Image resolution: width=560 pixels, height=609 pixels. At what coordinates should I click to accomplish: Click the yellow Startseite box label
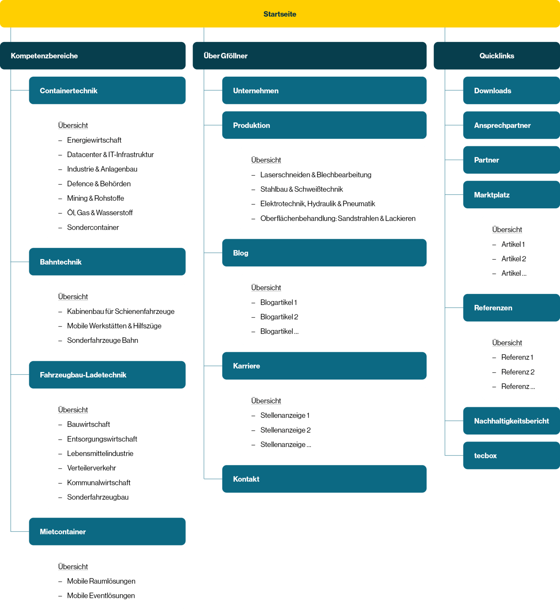(x=280, y=14)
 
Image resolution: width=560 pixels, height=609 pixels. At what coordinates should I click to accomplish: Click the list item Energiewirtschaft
(x=94, y=140)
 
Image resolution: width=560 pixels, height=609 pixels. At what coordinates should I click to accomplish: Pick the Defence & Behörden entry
(x=99, y=184)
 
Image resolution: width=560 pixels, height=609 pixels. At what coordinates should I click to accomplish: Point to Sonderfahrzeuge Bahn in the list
(x=102, y=340)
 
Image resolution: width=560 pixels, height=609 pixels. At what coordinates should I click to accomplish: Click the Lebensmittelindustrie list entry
(x=100, y=453)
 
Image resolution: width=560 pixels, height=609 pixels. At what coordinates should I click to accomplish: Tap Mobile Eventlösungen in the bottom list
(x=101, y=596)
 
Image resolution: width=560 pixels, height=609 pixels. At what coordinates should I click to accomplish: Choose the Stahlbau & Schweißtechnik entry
(x=301, y=189)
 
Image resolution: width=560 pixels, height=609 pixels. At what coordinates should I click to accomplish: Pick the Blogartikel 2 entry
(x=279, y=317)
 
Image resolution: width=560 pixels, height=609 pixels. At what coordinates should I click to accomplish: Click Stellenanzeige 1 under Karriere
(x=285, y=415)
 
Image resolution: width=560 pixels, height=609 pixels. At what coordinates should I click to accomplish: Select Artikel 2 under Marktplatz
(x=513, y=259)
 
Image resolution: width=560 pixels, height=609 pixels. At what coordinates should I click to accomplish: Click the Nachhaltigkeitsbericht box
(x=511, y=421)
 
